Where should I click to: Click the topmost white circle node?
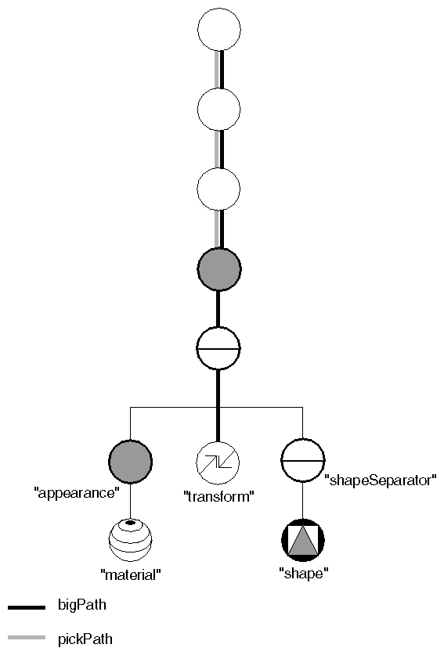pyautogui.click(x=218, y=31)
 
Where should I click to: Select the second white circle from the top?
pyautogui.click(x=218, y=110)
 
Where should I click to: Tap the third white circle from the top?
pyautogui.click(x=218, y=190)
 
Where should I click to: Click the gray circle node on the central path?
pyautogui.click(x=218, y=270)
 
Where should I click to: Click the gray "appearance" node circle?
pyautogui.click(x=130, y=461)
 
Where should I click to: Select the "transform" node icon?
pyautogui.click(x=218, y=461)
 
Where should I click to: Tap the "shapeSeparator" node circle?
pyautogui.click(x=302, y=461)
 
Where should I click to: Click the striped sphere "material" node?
pyautogui.click(x=130, y=540)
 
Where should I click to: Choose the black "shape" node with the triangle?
pyautogui.click(x=302, y=540)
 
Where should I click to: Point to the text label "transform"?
pyautogui.click(x=218, y=496)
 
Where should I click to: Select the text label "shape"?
pyautogui.click(x=303, y=574)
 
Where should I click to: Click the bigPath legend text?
pyautogui.click(x=82, y=605)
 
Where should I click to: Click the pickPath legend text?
pyautogui.click(x=85, y=639)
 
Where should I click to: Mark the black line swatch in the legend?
pyautogui.click(x=26, y=606)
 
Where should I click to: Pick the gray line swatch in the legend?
pyautogui.click(x=26, y=639)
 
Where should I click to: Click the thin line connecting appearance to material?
pyautogui.click(x=130, y=500)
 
